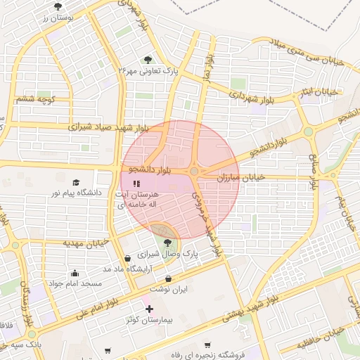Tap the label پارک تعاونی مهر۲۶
click(147, 70)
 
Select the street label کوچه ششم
click(34, 99)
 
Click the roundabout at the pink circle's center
click(193, 171)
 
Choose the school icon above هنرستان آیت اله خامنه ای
click(136, 184)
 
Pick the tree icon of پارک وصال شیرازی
click(167, 243)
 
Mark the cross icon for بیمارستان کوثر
click(148, 309)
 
